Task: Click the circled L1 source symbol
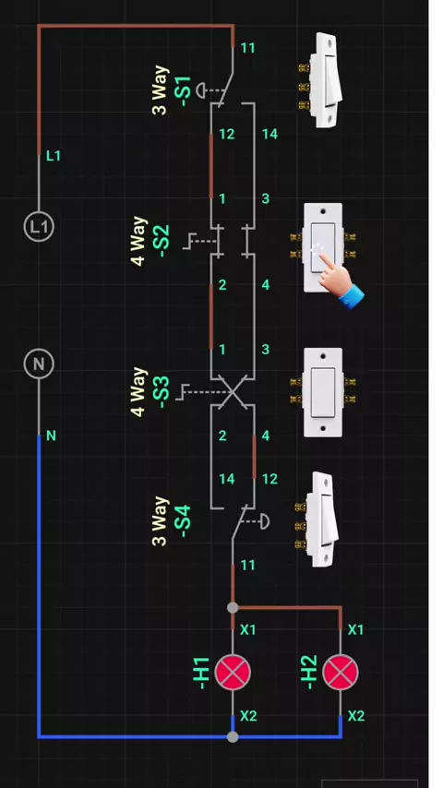point(39,227)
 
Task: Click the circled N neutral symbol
point(39,364)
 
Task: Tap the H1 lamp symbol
point(233,673)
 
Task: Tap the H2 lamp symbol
point(341,673)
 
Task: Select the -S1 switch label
point(183,91)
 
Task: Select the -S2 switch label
point(164,241)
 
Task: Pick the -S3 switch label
point(164,392)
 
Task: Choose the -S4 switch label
point(183,521)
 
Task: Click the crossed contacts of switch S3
point(233,392)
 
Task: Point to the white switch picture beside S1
point(321,80)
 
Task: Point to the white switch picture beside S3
point(322,392)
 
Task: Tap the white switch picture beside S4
point(317,519)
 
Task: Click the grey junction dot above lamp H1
point(233,607)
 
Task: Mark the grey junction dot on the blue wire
point(233,736)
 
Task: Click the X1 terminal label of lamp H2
point(355,629)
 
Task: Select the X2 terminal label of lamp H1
point(248,716)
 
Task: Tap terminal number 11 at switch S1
point(247,48)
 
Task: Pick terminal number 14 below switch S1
point(269,134)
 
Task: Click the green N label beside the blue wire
point(51,436)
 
